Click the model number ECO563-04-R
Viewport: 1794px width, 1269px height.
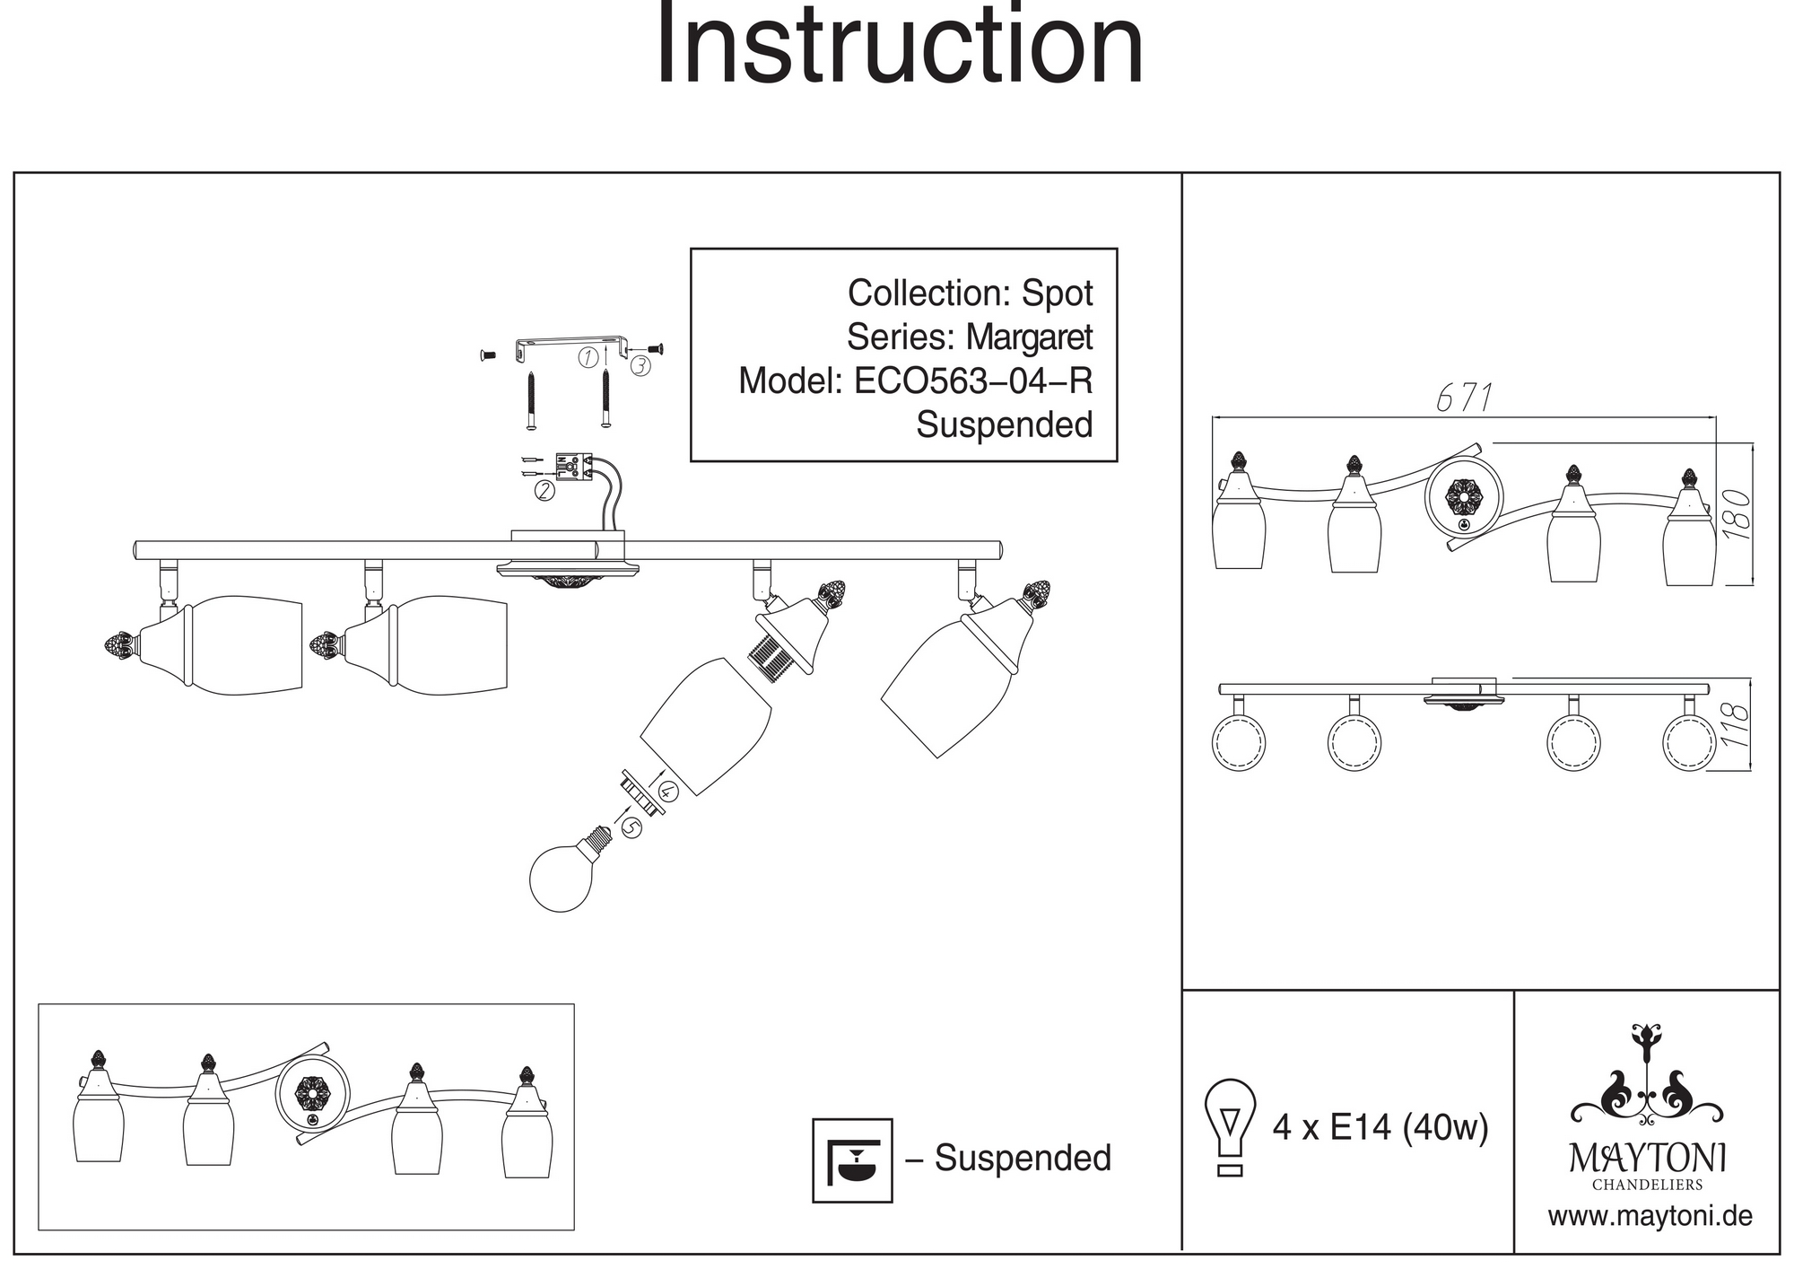point(973,381)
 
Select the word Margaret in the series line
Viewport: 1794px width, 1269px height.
point(1029,337)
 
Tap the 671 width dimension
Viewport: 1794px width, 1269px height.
point(1465,398)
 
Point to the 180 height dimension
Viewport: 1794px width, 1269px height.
point(1737,513)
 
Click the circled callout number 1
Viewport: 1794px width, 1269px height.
point(588,357)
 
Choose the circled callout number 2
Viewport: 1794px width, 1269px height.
point(544,490)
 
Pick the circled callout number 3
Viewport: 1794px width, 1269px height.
point(640,365)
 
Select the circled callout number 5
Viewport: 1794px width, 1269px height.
point(631,827)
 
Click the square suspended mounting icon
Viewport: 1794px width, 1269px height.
point(851,1160)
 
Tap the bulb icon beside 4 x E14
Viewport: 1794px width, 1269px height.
point(1230,1126)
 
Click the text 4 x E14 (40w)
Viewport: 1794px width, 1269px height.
point(1380,1127)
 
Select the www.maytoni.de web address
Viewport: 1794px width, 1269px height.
point(1650,1217)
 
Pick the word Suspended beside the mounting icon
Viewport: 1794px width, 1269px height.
point(1023,1159)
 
